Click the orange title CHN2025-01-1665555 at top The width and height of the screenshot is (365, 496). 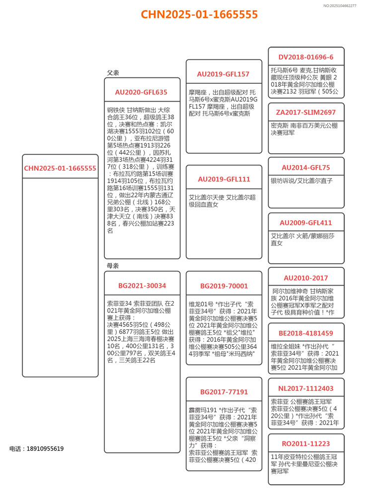click(x=199, y=14)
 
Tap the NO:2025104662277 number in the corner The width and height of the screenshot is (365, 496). click(x=340, y=5)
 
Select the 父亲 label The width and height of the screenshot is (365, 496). click(x=113, y=73)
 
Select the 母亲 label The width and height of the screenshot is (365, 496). click(x=113, y=266)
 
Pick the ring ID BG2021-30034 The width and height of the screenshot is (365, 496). click(x=142, y=286)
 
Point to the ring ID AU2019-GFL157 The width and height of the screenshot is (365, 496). click(x=223, y=74)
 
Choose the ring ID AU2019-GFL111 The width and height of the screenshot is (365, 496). click(x=224, y=179)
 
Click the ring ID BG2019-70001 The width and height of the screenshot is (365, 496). click(x=224, y=286)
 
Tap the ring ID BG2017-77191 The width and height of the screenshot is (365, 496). click(x=224, y=392)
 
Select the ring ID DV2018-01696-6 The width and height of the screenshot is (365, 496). click(x=306, y=57)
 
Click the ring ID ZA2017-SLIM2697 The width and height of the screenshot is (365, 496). click(x=306, y=113)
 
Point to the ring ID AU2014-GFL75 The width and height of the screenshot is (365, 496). click(x=306, y=168)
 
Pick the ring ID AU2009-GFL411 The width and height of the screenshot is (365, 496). click(x=306, y=223)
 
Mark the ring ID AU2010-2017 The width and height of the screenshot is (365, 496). click(x=306, y=278)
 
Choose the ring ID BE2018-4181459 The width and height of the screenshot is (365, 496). click(x=306, y=333)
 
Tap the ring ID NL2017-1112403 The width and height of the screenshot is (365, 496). click(x=306, y=388)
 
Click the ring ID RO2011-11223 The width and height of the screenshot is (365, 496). click(x=306, y=443)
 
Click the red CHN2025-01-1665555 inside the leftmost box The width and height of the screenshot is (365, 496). click(x=60, y=168)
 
